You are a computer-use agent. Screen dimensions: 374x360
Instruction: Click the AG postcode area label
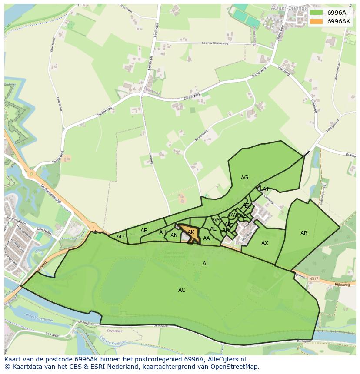(244, 178)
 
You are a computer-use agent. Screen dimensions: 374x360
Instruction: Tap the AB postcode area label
(304, 233)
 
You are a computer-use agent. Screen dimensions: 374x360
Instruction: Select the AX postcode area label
(265, 243)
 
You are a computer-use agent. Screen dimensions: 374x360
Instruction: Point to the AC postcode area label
(182, 290)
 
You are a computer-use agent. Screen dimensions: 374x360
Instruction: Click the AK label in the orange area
(191, 233)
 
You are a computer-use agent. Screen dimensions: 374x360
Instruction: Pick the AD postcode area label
(120, 237)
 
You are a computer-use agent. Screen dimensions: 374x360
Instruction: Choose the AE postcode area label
(144, 231)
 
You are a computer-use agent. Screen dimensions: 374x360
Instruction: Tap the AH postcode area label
(163, 232)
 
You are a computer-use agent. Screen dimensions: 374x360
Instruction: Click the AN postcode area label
(174, 236)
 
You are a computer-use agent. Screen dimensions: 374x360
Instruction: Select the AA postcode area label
(207, 238)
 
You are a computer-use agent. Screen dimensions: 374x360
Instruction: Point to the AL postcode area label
(213, 229)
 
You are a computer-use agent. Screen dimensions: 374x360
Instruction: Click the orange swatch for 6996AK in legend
(317, 21)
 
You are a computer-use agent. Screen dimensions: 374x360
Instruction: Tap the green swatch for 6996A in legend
(317, 13)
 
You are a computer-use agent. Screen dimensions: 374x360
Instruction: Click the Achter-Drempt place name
(288, 8)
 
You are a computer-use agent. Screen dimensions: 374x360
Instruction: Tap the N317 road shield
(313, 278)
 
